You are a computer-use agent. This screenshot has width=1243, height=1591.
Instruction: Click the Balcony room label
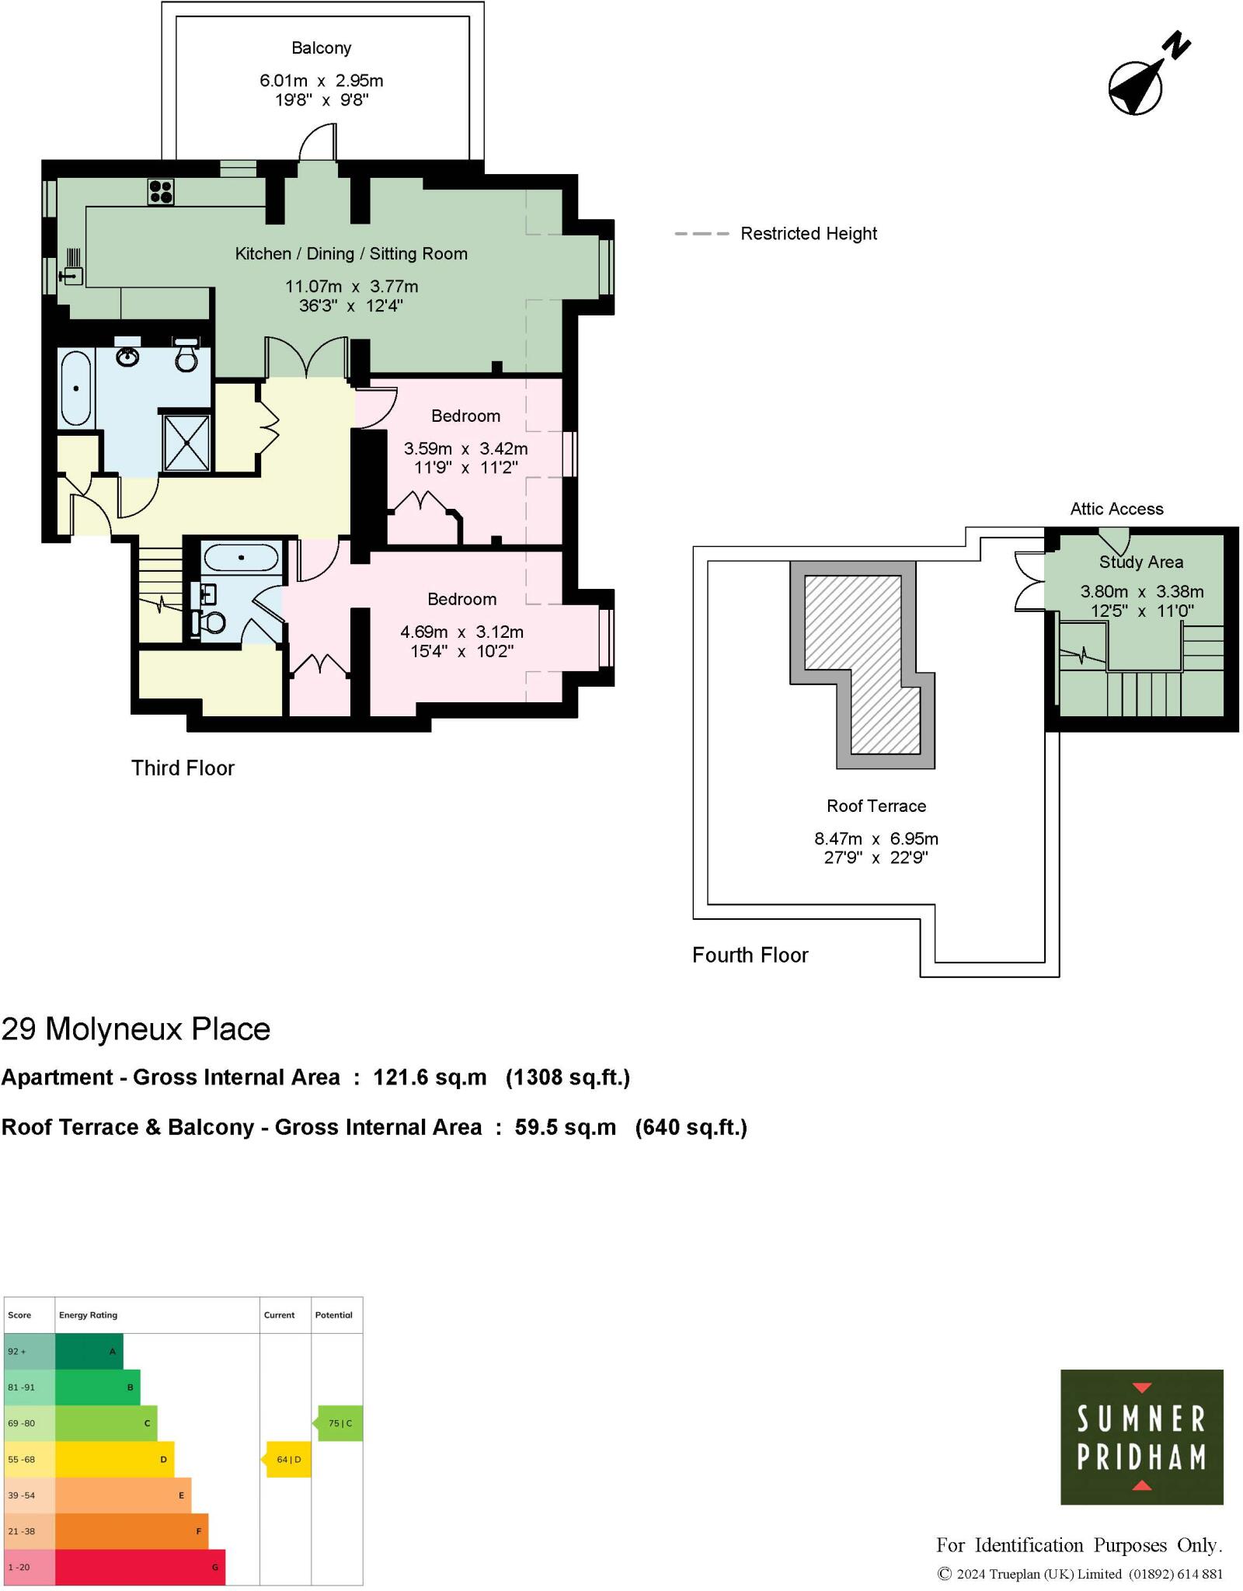pyautogui.click(x=321, y=48)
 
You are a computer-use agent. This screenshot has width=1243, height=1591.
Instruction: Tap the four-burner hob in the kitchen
pyautogui.click(x=161, y=191)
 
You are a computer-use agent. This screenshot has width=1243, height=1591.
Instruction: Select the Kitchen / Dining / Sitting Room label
pyautogui.click(x=351, y=254)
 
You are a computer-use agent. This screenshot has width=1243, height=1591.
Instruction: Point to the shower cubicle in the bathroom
pyautogui.click(x=186, y=443)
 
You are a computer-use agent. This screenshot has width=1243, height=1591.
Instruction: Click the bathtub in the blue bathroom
pyautogui.click(x=76, y=388)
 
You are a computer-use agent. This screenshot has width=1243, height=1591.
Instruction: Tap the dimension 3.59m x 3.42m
pyautogui.click(x=465, y=449)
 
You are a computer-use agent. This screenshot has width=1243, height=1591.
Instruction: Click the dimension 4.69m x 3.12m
pyautogui.click(x=461, y=632)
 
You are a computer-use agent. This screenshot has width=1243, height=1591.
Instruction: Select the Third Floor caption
pyautogui.click(x=183, y=768)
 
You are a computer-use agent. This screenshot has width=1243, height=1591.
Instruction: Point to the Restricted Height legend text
pyautogui.click(x=808, y=234)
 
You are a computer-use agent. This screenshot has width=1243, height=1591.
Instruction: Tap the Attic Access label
pyautogui.click(x=1116, y=510)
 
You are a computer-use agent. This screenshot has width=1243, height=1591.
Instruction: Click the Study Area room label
pyautogui.click(x=1140, y=562)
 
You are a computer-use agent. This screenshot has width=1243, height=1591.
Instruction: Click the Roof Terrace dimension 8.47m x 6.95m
pyautogui.click(x=876, y=839)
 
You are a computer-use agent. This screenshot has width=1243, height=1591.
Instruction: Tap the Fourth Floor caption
pyautogui.click(x=750, y=956)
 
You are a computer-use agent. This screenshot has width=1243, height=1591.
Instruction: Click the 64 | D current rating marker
pyautogui.click(x=288, y=1460)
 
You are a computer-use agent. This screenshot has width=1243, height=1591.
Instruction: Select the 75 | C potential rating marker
pyautogui.click(x=339, y=1423)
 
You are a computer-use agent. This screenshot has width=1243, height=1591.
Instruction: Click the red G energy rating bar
pyautogui.click(x=140, y=1567)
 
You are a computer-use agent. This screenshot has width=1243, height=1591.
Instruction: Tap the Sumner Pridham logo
pyautogui.click(x=1141, y=1437)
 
